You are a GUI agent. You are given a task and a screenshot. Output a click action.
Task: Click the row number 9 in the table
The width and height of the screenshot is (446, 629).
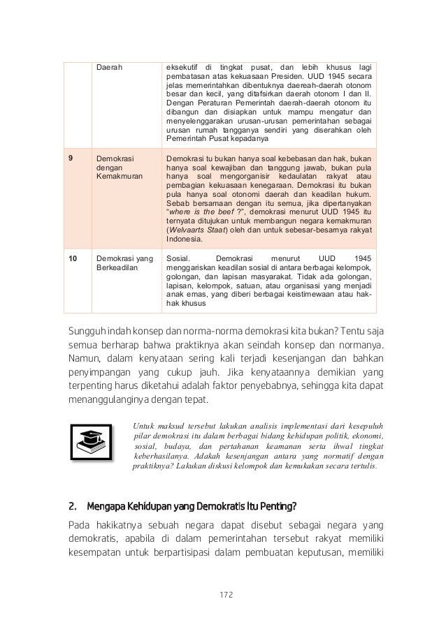point(71,158)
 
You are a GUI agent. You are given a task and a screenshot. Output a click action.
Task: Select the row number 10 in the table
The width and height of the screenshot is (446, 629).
point(73,258)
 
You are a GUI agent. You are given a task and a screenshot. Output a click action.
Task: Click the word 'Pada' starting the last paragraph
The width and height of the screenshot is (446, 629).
point(79,524)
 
